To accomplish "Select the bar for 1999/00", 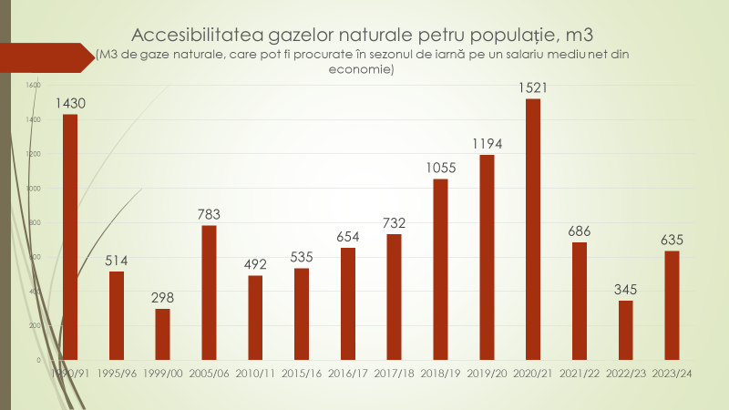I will pos(162,334).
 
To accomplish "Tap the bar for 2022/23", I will pos(625,330).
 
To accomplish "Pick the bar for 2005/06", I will pos(209,292).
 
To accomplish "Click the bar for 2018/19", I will pos(440,269).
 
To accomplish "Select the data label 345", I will pos(625,290).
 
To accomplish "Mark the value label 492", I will pos(255,264).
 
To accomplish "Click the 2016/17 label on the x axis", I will pos(347,373).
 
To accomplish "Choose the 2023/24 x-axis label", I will pos(672,373).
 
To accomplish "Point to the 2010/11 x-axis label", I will pos(255,373).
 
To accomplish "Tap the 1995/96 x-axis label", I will pos(116,373).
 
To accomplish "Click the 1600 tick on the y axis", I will pos(34,85).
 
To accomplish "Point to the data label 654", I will pos(347,237).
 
